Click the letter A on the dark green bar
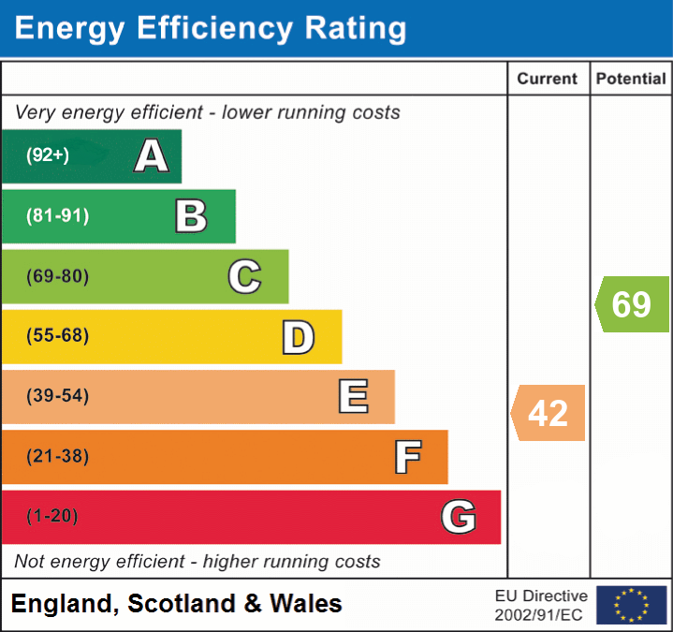(152, 156)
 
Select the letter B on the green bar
(191, 216)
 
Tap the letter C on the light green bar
(244, 276)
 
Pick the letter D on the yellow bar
(298, 336)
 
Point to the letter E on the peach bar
(353, 396)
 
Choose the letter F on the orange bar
(406, 457)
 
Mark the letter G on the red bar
(459, 517)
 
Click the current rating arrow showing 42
(549, 412)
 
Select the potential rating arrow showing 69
(632, 304)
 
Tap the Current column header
(548, 80)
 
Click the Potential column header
(631, 80)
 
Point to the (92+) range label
(48, 155)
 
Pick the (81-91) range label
(58, 216)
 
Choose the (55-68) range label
(58, 336)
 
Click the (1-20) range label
(52, 517)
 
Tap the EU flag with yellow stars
(632, 605)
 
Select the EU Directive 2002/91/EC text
(541, 605)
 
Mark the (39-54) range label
(58, 396)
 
